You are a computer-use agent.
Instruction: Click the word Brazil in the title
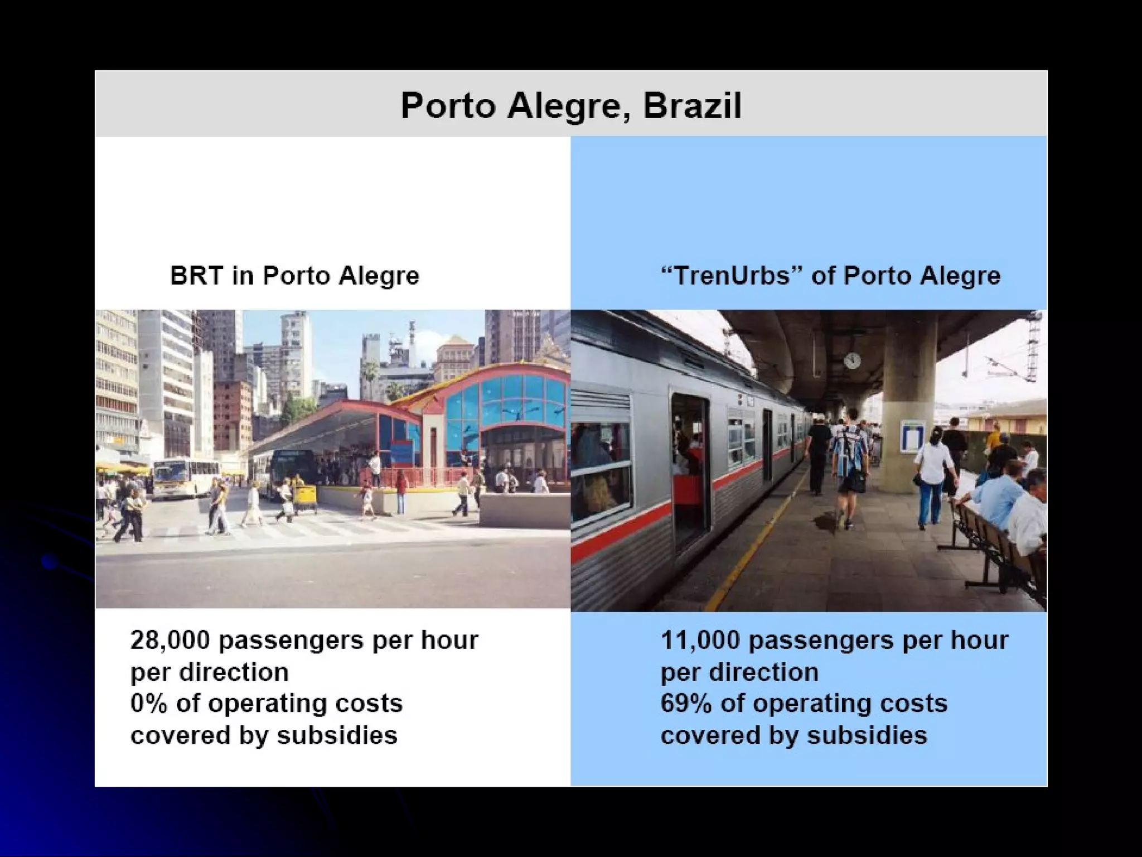[x=692, y=105]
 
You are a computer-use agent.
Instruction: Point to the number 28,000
[x=170, y=641]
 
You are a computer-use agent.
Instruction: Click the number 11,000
[x=699, y=641]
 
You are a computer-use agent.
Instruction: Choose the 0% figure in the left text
[x=148, y=704]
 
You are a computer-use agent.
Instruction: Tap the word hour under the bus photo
[x=449, y=640]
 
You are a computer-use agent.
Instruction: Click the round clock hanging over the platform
[x=852, y=360]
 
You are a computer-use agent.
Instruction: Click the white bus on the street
[x=178, y=478]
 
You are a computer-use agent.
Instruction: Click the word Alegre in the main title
[x=571, y=105]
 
